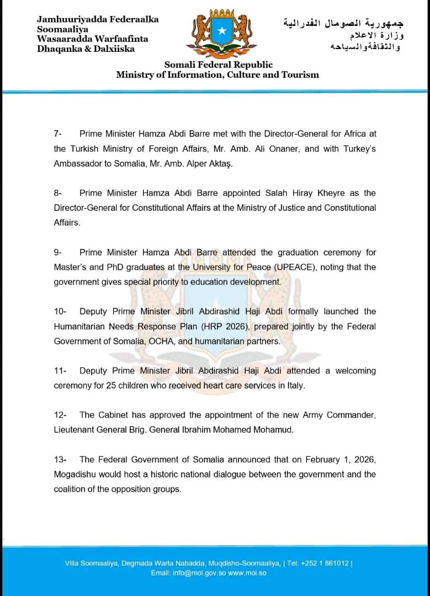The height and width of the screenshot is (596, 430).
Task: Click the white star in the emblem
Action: point(221,31)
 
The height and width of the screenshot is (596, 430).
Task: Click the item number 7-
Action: point(59,134)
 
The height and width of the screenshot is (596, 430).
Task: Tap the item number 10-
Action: point(61,311)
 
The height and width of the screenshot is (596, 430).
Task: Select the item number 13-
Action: point(61,459)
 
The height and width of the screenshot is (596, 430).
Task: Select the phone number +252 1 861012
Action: point(326,563)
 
